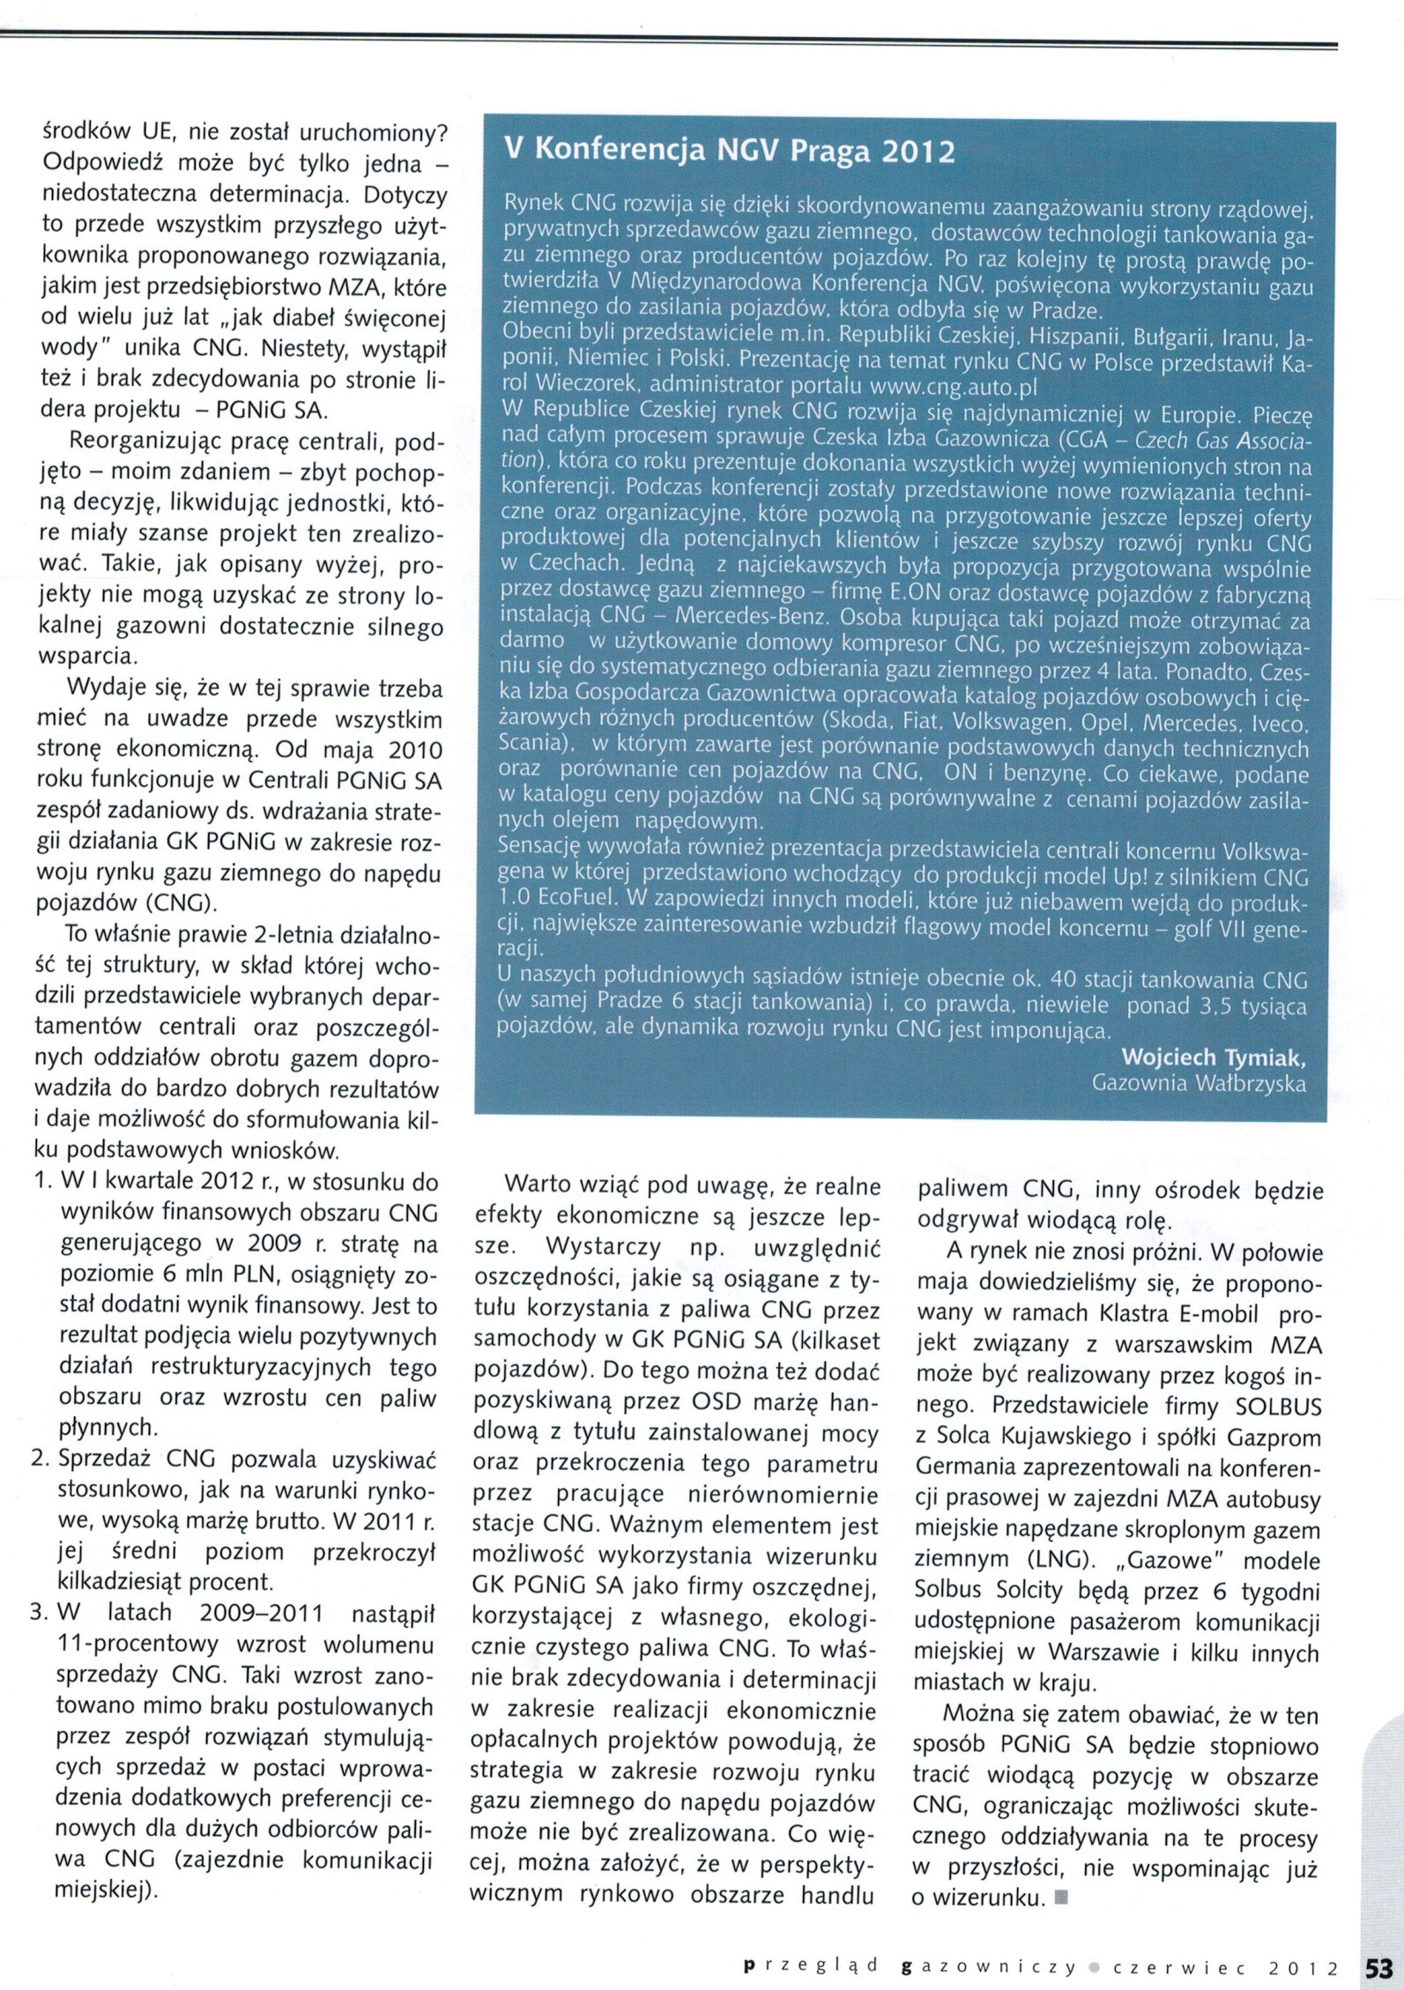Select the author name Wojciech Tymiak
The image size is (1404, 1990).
(1213, 1057)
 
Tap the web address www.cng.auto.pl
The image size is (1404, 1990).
(953, 386)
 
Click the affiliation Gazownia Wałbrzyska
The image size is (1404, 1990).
(1199, 1083)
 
